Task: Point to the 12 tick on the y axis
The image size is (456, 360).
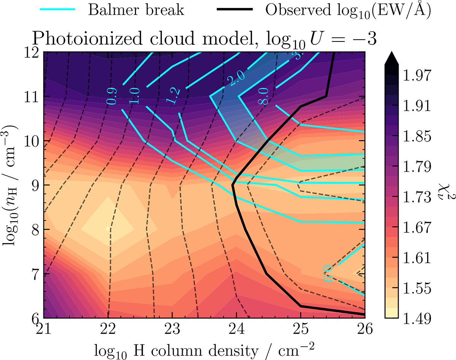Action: coord(33,52)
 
